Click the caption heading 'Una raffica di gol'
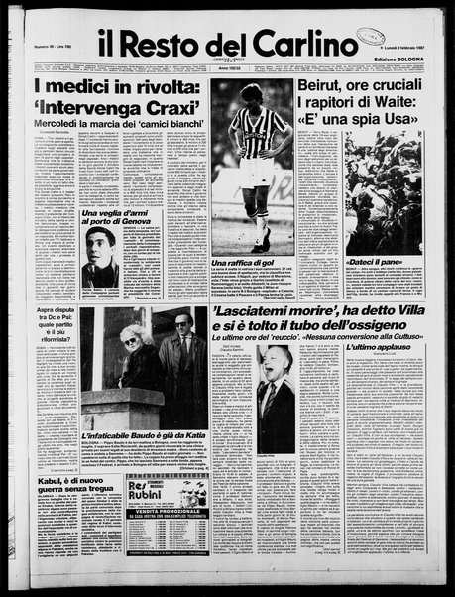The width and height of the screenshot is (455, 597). click(247, 262)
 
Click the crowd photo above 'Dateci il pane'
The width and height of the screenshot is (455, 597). click(383, 193)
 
